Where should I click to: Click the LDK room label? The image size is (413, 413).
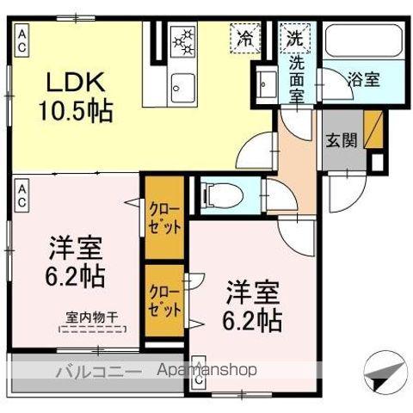coord(76,83)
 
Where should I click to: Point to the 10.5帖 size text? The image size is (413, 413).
coord(76,110)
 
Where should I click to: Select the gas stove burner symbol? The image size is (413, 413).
coord(185,40)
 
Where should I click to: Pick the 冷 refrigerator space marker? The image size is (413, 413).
coord(245,39)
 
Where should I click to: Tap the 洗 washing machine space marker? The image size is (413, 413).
coord(294,39)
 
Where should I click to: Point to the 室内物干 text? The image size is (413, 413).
coord(92,316)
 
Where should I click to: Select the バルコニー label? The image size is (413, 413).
coord(99,372)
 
